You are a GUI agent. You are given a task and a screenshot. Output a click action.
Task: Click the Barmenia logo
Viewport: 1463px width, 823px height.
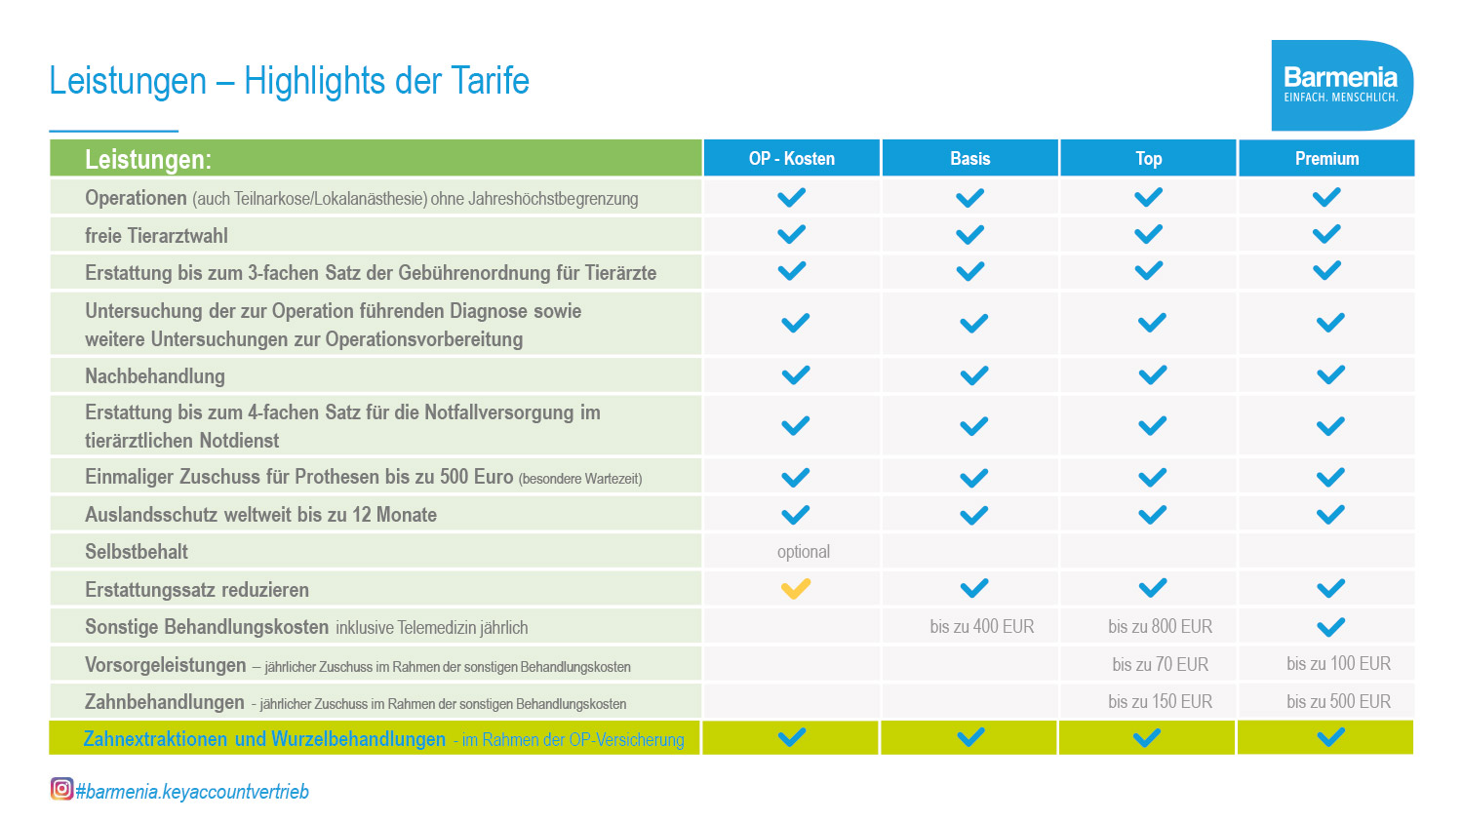(x=1341, y=85)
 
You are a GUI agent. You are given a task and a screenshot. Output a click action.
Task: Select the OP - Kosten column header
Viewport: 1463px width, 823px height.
(x=791, y=158)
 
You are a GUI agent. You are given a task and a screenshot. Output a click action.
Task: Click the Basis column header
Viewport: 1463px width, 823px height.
(x=969, y=158)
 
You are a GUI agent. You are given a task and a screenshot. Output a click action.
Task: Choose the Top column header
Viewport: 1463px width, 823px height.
(x=1148, y=158)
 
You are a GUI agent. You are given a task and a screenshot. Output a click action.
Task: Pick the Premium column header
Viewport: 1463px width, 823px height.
(x=1326, y=158)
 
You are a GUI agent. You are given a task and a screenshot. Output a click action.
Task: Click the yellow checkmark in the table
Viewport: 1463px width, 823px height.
(x=796, y=589)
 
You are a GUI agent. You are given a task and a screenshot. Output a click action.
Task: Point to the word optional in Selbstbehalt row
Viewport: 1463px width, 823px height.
(x=803, y=552)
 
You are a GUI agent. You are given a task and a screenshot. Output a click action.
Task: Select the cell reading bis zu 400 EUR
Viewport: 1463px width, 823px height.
(x=981, y=627)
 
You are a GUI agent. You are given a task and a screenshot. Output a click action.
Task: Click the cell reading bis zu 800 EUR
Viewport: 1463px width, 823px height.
(x=1160, y=627)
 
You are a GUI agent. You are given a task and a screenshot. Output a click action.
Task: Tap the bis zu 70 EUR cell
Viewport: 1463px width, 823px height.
(x=1160, y=664)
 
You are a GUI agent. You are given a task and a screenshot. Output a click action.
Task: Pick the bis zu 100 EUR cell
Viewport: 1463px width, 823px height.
(x=1338, y=664)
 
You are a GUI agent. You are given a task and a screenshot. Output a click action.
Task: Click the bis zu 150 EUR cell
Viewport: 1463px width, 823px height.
(x=1160, y=701)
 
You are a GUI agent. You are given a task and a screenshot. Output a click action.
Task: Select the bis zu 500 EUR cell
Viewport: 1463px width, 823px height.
(x=1338, y=701)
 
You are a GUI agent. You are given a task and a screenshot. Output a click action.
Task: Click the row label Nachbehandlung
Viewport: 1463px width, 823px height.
(x=155, y=376)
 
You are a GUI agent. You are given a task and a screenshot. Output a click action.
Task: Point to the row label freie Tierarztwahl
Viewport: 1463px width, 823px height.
(x=156, y=236)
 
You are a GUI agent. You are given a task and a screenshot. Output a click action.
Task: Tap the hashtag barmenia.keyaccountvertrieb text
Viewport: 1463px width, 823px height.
(x=192, y=791)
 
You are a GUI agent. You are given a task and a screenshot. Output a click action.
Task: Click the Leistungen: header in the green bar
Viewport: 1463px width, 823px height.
(x=148, y=159)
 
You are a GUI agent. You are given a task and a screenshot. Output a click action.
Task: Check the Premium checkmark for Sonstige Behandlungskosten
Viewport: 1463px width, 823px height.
(x=1330, y=627)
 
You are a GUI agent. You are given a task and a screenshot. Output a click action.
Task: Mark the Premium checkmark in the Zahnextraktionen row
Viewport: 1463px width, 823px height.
(x=1330, y=737)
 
